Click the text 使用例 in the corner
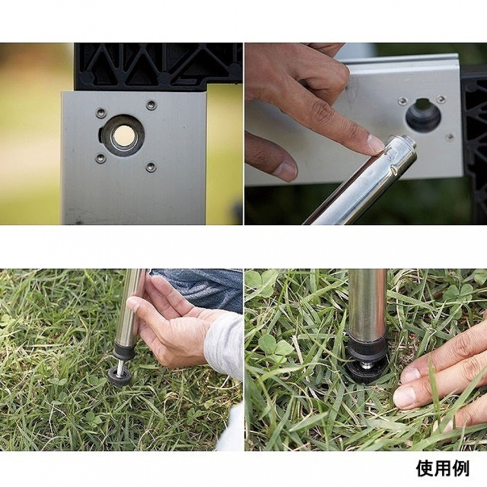tap(443, 468)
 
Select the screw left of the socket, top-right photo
tap(403, 100)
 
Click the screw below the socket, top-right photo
tap(449, 136)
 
